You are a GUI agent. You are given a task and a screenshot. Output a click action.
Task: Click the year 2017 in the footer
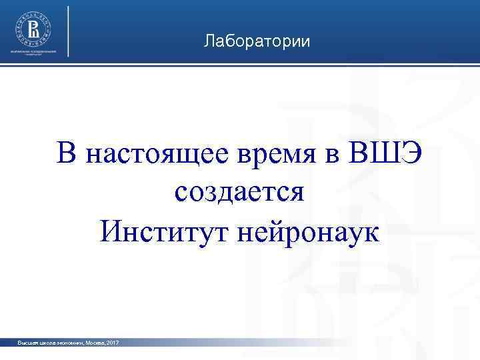click(x=112, y=343)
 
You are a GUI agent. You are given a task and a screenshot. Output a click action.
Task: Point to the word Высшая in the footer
click(x=29, y=343)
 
